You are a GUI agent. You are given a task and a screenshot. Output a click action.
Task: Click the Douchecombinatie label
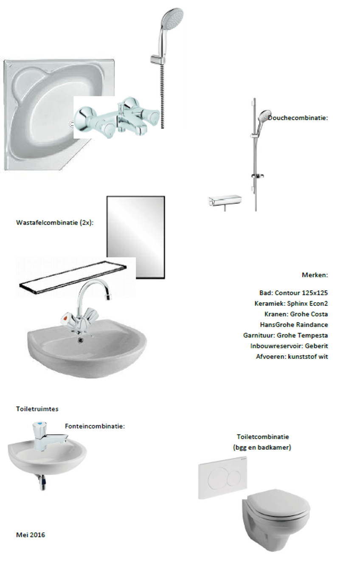(x=298, y=118)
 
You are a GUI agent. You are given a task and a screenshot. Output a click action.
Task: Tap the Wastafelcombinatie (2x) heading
(x=55, y=222)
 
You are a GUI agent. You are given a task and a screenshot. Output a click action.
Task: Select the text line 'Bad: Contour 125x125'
(x=293, y=293)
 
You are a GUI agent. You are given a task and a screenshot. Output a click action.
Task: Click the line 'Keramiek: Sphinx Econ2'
(x=291, y=304)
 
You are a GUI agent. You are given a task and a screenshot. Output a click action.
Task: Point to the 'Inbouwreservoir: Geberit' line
(x=289, y=346)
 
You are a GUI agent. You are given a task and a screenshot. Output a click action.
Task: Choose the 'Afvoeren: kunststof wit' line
(x=292, y=356)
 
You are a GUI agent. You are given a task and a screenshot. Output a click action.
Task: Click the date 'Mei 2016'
(x=31, y=535)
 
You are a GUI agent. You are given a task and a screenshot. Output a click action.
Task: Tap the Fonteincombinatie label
(x=95, y=426)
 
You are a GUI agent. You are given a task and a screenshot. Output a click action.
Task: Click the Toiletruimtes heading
(x=37, y=409)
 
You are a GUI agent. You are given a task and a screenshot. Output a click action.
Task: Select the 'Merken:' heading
(x=315, y=275)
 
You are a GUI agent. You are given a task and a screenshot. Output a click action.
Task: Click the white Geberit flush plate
(x=222, y=478)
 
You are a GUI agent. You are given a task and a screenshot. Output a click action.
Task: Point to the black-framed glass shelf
(x=73, y=277)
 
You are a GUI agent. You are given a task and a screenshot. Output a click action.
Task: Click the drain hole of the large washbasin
(x=81, y=341)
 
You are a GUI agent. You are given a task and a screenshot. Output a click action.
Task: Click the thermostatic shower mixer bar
(x=225, y=200)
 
